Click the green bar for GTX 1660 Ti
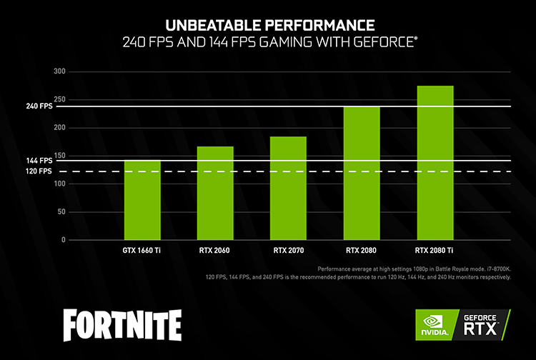point(142,200)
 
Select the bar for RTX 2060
point(215,193)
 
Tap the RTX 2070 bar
point(288,188)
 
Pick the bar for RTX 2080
point(362,173)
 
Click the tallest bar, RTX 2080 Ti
point(435,163)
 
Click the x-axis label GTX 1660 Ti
point(142,251)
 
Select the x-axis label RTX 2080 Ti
point(435,251)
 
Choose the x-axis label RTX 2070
point(288,251)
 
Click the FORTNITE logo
point(121,325)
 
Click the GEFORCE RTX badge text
point(484,325)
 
